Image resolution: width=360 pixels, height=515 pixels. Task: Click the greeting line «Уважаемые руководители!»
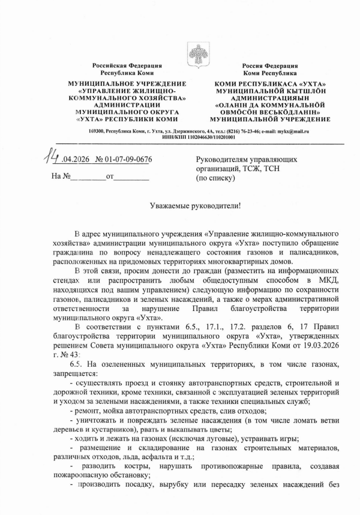(x=195, y=206)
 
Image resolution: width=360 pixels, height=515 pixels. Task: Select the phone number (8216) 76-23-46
(x=244, y=131)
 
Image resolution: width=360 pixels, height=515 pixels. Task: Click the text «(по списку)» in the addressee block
(x=215, y=179)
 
